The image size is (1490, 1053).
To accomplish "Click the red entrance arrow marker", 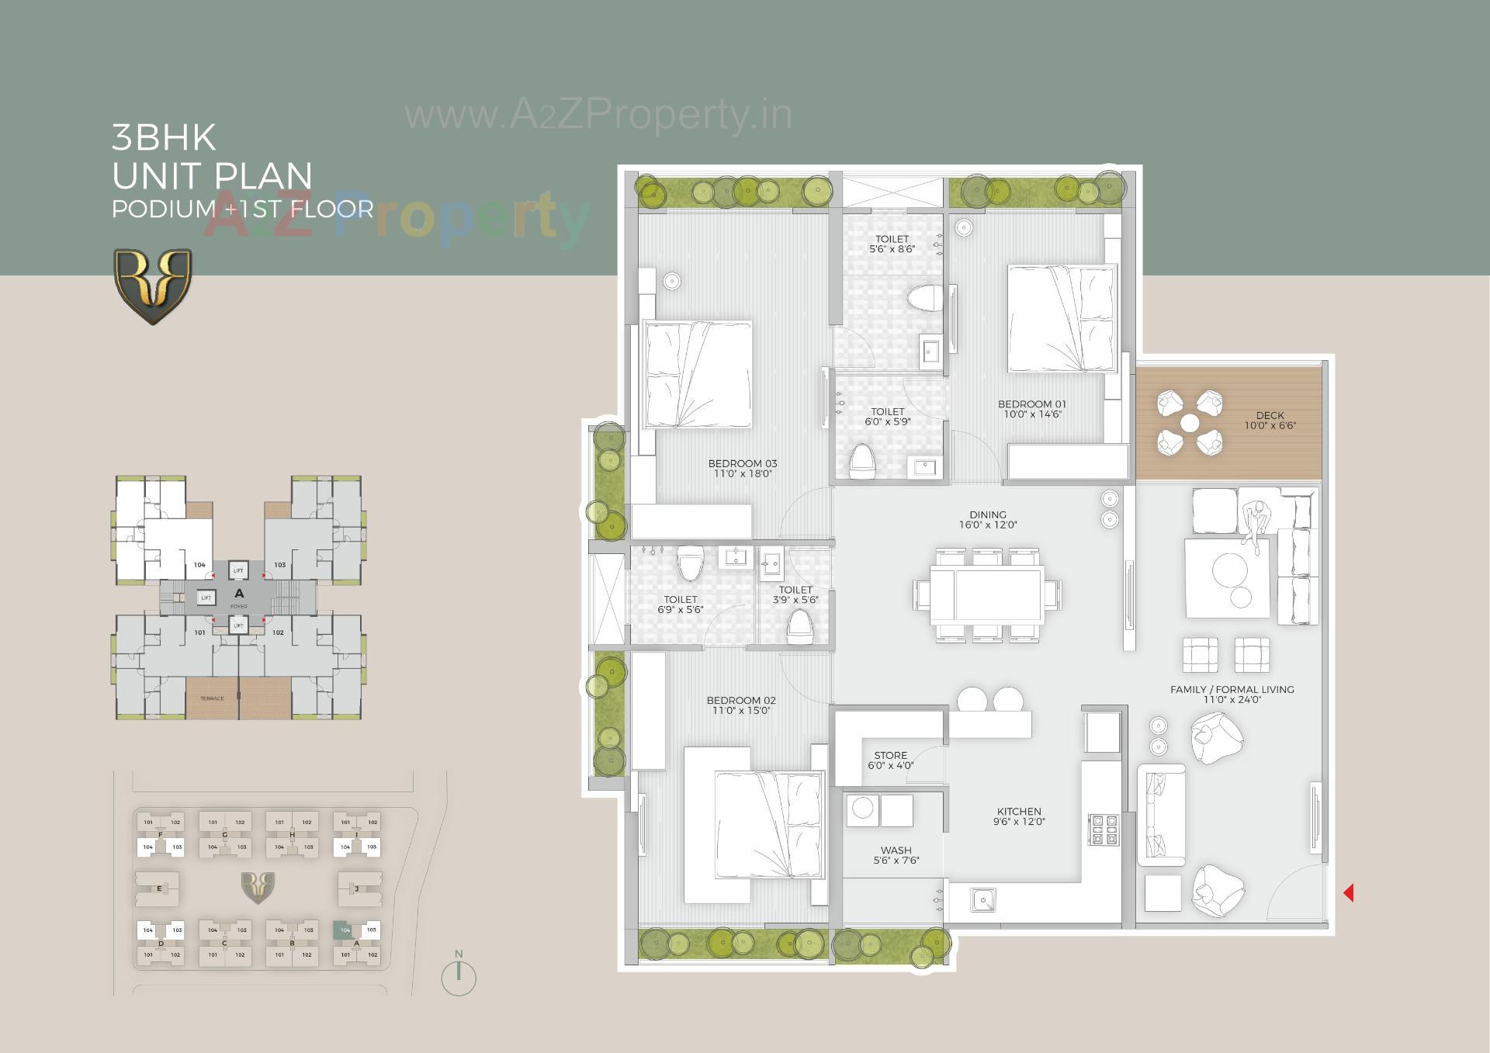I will [1349, 893].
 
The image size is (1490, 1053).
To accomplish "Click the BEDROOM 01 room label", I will [1032, 408].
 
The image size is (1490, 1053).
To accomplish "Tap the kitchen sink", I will [983, 900].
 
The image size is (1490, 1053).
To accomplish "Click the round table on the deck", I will [1190, 423].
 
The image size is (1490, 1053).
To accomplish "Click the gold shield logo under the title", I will [153, 285].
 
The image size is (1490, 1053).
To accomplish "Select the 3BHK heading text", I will [164, 137].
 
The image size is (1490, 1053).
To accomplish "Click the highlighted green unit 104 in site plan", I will [344, 930].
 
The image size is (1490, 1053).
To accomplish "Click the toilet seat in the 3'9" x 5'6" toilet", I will [799, 626].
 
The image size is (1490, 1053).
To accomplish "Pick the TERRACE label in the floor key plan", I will [212, 698].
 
